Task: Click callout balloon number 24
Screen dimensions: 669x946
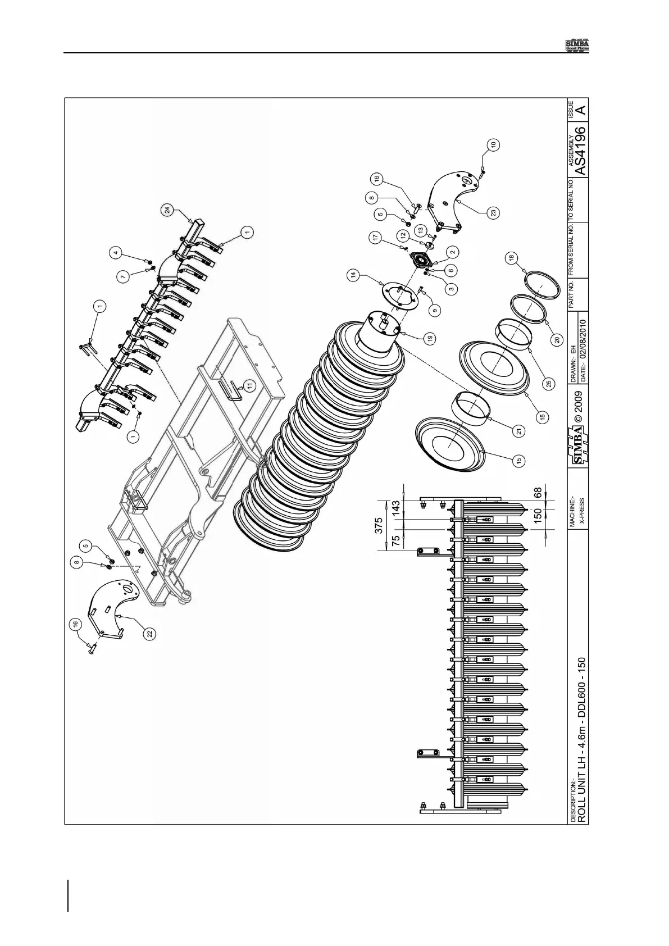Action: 166,211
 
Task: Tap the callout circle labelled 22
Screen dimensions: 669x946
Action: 148,633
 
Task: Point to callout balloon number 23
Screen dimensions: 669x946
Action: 493,213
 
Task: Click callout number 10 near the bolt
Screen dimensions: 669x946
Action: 493,144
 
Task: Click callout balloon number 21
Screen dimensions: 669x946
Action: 520,431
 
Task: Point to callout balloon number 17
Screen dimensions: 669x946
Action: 375,238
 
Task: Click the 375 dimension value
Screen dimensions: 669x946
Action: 380,525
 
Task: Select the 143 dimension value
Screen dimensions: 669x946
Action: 397,507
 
